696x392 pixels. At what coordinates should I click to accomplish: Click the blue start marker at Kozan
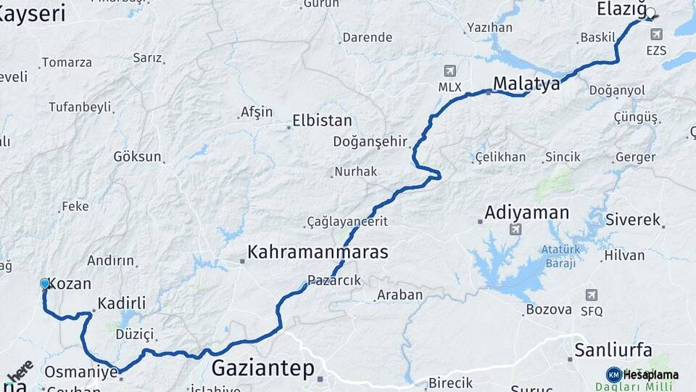(45, 284)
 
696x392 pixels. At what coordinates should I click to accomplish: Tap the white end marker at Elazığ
(650, 12)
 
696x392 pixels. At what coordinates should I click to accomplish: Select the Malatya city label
(527, 84)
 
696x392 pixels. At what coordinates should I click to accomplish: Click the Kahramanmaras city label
(318, 253)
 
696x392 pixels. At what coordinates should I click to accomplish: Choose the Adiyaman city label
(526, 213)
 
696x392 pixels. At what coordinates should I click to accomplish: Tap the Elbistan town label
(322, 121)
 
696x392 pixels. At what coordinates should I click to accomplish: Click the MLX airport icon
(450, 71)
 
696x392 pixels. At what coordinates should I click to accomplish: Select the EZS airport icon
(657, 34)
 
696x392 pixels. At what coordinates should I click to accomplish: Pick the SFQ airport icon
(592, 295)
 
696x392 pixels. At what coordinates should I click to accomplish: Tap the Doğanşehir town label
(370, 142)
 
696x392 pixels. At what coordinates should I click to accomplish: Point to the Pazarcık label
(333, 280)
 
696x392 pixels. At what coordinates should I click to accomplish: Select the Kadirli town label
(122, 303)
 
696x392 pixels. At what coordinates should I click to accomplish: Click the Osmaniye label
(81, 372)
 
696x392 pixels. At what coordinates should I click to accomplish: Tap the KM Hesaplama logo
(642, 375)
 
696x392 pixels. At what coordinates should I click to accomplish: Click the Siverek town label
(633, 220)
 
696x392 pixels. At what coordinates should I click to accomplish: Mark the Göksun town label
(138, 157)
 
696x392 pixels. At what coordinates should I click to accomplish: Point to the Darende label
(367, 38)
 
